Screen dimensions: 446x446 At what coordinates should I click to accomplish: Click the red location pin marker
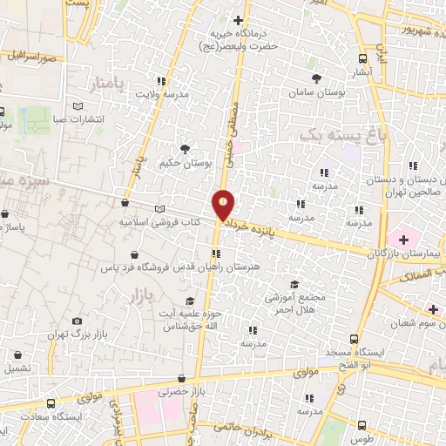(225, 205)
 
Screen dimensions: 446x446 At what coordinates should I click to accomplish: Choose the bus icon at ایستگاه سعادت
(51, 404)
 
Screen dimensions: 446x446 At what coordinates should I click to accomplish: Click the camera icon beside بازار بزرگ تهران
(78, 321)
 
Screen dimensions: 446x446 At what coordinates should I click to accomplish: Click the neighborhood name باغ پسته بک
(341, 136)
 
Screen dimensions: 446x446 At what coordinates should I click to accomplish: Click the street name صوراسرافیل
(35, 56)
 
